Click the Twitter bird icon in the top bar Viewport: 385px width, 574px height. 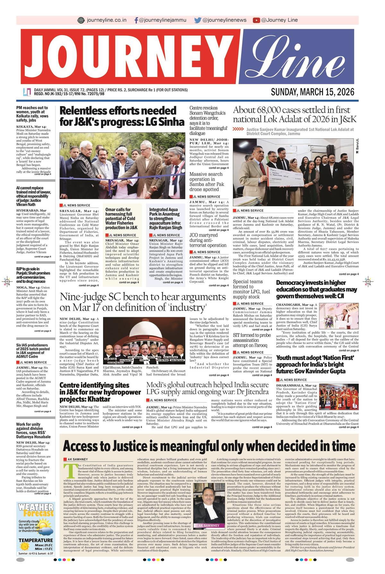[198, 20]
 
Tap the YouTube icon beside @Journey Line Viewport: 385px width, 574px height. [256, 20]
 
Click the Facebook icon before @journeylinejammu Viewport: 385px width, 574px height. [136, 20]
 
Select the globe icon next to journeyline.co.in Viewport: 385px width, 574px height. [81, 20]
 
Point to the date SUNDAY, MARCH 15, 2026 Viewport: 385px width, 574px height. [312, 92]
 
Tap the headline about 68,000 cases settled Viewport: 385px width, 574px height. [295, 115]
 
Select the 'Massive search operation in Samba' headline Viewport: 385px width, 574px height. [206, 182]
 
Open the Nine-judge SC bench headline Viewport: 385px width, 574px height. [143, 302]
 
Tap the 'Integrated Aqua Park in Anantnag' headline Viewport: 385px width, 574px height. [166, 218]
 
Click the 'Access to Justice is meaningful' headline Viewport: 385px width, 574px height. [209, 446]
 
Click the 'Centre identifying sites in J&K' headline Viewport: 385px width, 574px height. [100, 392]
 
